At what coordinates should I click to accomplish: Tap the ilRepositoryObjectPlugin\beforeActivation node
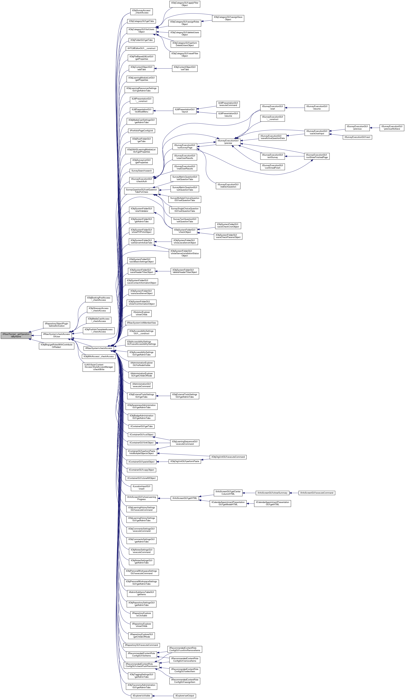(x=56, y=325)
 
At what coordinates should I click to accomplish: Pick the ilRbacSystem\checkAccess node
(x=99, y=348)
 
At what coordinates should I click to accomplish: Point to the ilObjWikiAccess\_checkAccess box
(x=99, y=356)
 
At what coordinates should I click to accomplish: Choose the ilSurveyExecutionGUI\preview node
(x=228, y=142)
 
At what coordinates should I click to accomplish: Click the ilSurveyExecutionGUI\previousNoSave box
(x=392, y=128)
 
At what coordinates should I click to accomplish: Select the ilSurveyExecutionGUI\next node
(x=357, y=137)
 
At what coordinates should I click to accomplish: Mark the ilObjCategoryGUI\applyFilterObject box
(x=185, y=4)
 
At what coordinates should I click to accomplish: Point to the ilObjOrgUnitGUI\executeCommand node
(x=228, y=457)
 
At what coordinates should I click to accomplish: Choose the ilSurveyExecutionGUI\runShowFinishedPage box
(x=317, y=156)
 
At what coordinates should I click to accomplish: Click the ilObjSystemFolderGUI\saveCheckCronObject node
(x=228, y=226)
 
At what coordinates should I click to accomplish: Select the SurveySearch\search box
(x=142, y=171)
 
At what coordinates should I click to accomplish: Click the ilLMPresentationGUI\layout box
(x=185, y=111)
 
